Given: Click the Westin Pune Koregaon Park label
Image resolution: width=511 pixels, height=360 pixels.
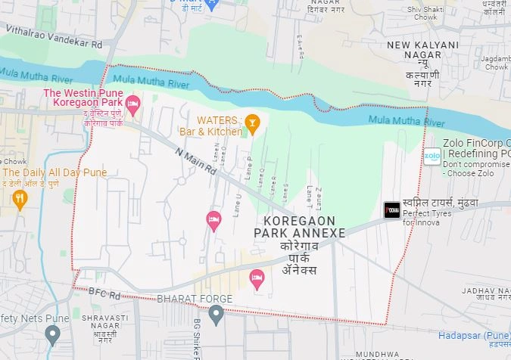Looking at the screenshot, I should pos(83,99).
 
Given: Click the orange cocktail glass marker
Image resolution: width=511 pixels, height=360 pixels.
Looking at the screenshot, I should pos(253,121).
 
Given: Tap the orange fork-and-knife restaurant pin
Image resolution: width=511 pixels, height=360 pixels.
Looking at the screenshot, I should pos(20,198).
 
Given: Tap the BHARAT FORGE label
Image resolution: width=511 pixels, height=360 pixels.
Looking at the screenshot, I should pos(195,299).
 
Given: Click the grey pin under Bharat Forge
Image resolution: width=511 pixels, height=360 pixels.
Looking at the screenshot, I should pos(217,314).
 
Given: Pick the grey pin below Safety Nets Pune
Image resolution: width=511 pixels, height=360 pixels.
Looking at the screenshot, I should pos(52,334).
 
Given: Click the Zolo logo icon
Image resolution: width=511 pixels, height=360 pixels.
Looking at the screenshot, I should pos(432,157).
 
